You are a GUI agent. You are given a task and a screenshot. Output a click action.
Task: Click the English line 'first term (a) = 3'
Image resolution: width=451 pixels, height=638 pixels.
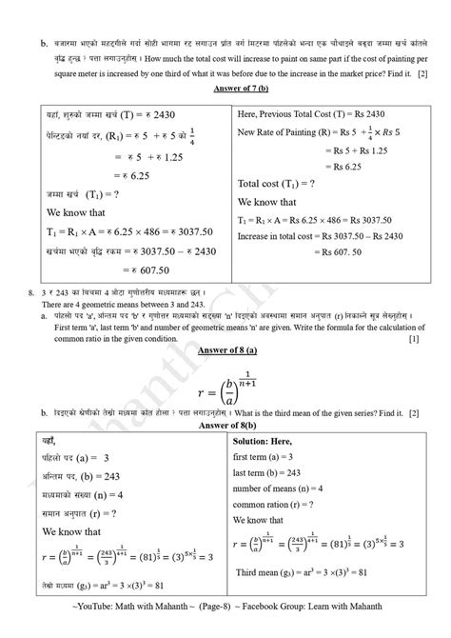(271, 458)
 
